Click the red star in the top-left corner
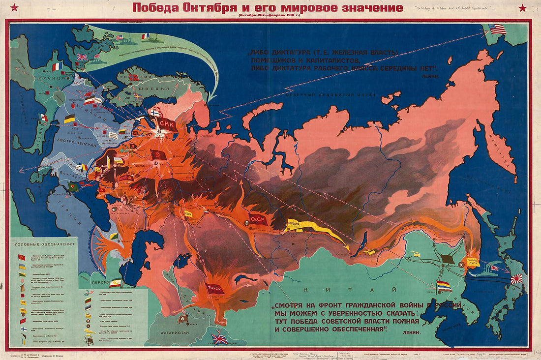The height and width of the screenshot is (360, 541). click(x=14, y=7)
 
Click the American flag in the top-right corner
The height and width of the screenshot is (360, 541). click(x=497, y=29)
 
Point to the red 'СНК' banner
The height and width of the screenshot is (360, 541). click(x=168, y=123)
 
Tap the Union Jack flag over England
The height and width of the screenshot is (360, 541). click(x=82, y=57)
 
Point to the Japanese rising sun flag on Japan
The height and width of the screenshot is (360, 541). click(x=516, y=279)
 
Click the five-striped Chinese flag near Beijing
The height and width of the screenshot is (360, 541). click(x=444, y=286)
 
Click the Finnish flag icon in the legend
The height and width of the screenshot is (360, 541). click(x=23, y=328)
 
